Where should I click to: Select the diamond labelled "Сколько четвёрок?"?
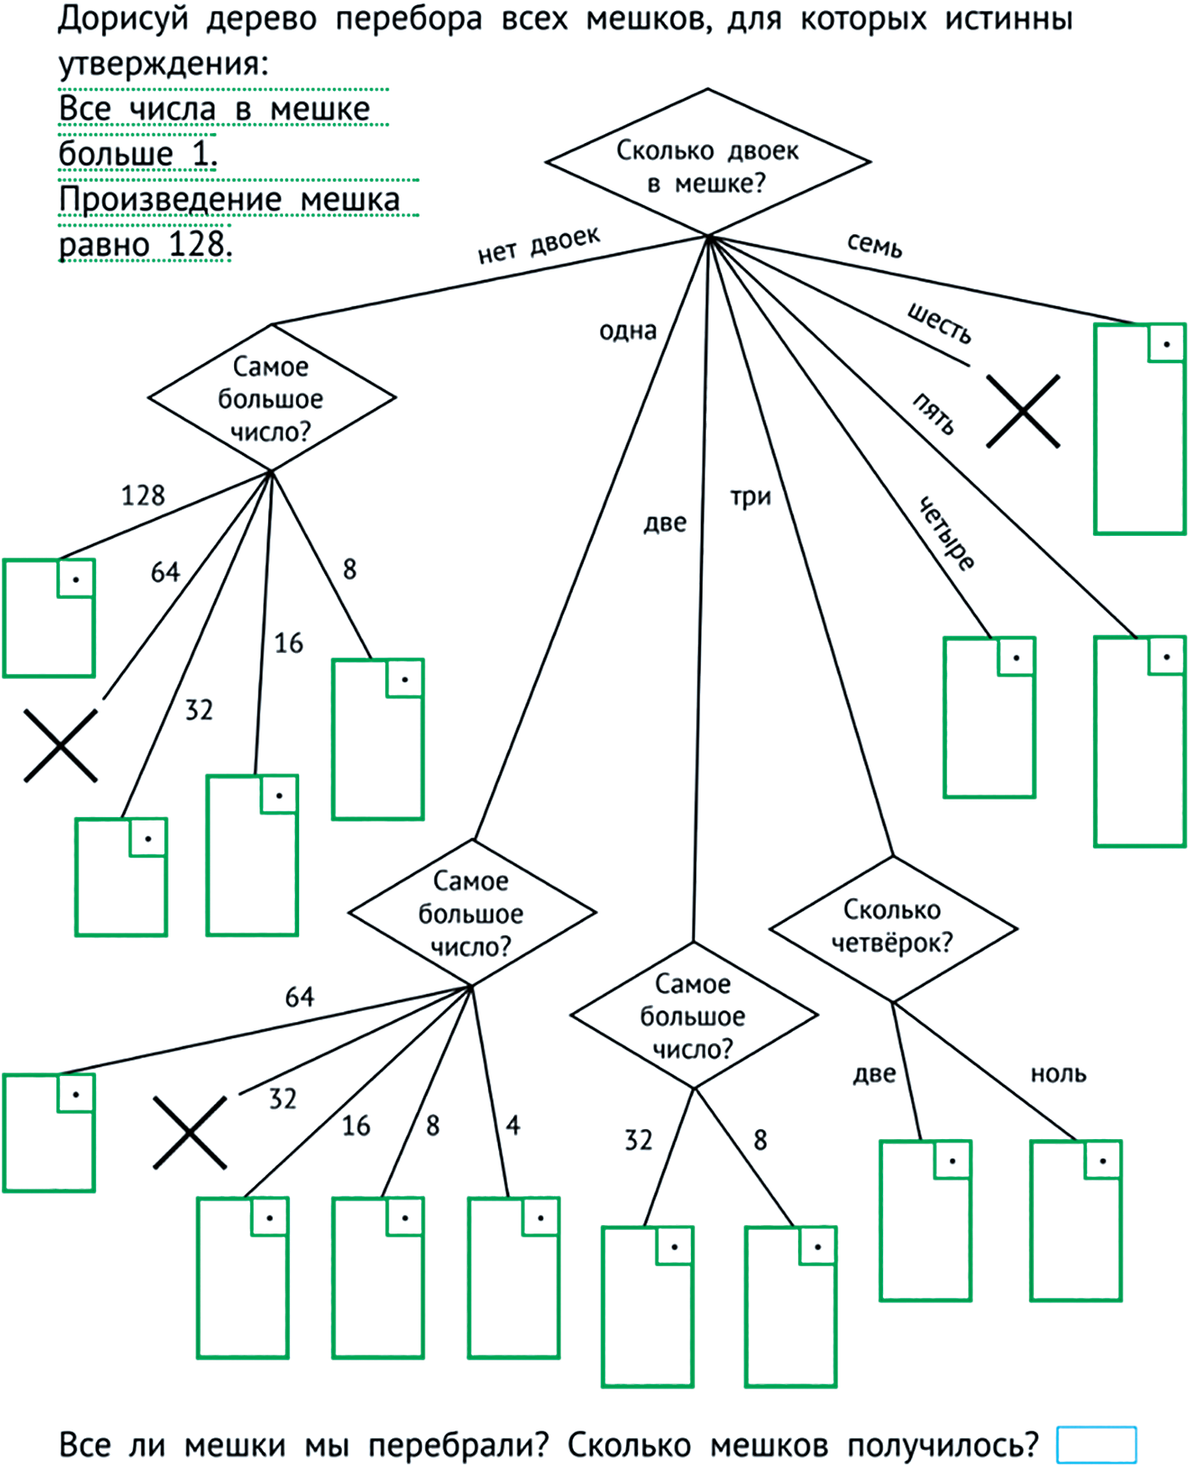coord(892,928)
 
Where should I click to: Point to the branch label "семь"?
coord(875,245)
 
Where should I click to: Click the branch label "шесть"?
coord(940,323)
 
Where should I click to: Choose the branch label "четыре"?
coord(947,533)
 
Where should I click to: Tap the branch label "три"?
coord(750,497)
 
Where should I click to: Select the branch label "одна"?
coord(628,330)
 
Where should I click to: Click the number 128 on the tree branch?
coord(142,495)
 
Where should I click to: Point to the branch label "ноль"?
coord(1058,1073)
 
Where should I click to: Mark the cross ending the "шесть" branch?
coord(1023,411)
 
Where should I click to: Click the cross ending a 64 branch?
coord(60,746)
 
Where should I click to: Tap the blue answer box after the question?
coord(1096,1444)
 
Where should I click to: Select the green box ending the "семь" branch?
coord(1139,429)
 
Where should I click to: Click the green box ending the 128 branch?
coord(49,618)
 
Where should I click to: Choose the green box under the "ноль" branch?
coord(1076,1221)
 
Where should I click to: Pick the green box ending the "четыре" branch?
coord(989,717)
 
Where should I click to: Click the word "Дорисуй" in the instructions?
coord(123,19)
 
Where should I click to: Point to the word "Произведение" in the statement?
coord(170,200)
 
